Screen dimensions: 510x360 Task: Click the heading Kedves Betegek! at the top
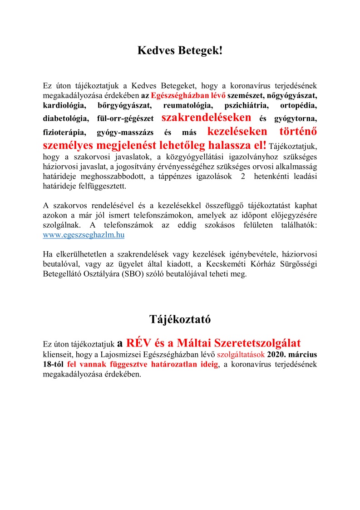coord(180,51)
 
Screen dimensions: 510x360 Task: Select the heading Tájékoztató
coord(180,319)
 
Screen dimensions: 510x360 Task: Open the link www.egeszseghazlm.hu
coord(84,235)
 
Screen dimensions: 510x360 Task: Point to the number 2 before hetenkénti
coord(242,176)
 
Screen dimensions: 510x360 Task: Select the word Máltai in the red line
coord(208,342)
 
